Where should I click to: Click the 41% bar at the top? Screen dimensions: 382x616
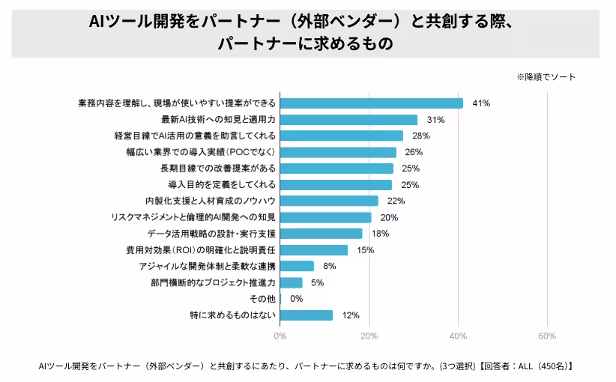(371, 103)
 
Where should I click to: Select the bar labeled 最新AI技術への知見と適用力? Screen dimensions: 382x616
(348, 120)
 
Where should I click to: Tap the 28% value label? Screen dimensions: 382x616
(420, 136)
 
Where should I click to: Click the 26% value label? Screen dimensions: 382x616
(413, 152)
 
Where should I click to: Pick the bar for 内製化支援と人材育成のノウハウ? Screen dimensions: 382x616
(328, 201)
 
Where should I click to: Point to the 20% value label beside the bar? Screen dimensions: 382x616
(389, 217)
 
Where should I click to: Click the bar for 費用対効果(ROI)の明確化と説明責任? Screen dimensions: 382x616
(313, 250)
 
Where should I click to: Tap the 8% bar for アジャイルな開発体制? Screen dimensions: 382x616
(297, 266)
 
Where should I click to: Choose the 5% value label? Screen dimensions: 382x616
(317, 282)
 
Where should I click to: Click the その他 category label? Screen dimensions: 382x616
(262, 299)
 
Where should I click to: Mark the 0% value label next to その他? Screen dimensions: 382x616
(296, 299)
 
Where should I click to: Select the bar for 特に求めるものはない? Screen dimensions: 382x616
(306, 315)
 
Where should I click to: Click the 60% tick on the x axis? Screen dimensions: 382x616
(547, 336)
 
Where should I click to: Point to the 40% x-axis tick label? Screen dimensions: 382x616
(458, 336)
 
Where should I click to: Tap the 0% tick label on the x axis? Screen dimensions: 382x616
(280, 336)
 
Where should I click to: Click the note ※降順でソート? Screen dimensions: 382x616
(546, 77)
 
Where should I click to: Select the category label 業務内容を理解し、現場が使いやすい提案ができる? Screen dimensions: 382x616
(177, 103)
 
